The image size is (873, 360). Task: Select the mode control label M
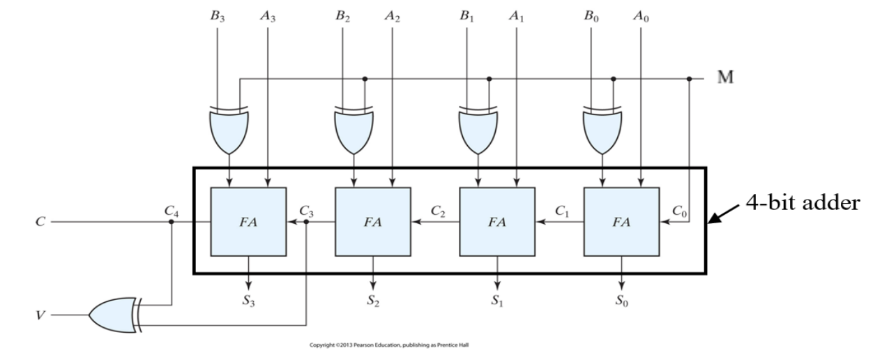click(x=727, y=77)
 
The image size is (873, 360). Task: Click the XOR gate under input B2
click(x=354, y=129)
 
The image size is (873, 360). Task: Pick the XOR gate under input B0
click(x=602, y=129)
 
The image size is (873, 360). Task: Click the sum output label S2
click(x=373, y=302)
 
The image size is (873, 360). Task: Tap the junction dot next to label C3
click(x=306, y=223)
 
